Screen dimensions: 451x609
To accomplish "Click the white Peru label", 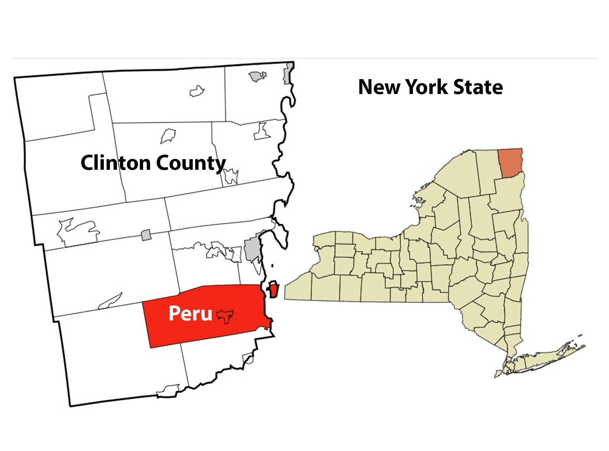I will [x=190, y=313].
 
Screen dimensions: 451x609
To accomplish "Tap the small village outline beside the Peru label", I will [x=225, y=316].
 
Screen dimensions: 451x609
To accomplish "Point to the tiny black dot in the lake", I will [x=272, y=266].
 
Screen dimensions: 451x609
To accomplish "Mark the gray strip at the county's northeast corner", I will [x=287, y=74].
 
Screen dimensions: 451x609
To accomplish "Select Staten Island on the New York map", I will [x=498, y=374].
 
